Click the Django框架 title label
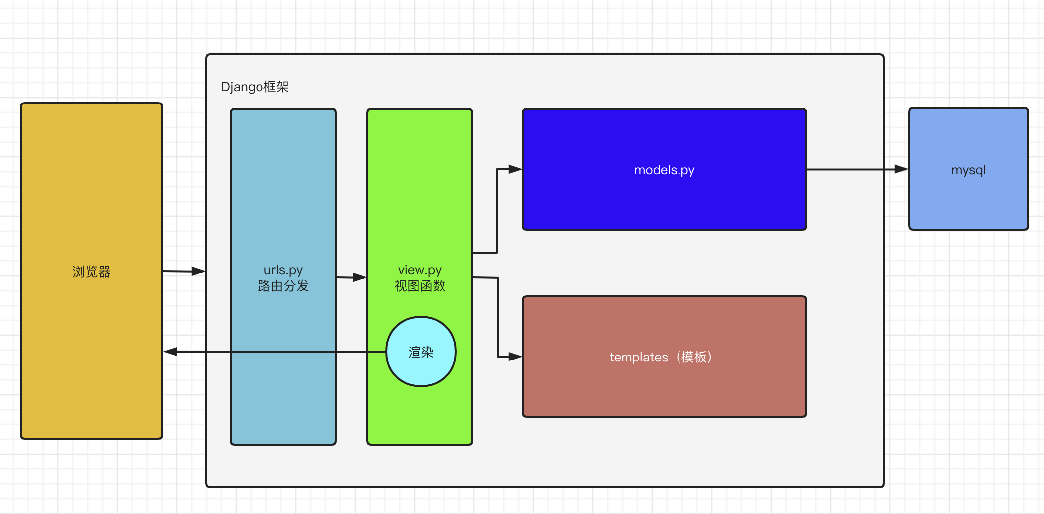pos(255,87)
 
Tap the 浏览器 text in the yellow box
pos(92,272)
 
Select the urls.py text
pos(283,270)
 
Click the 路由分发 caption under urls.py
pos(283,286)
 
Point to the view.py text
pos(420,270)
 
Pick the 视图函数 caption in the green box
pos(420,286)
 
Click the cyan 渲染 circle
pos(421,352)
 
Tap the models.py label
pos(664,170)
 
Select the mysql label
pos(968,170)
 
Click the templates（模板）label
pos(661,357)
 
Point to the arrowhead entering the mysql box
pos(901,169)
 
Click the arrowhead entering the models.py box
pos(515,169)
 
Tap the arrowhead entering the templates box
pos(515,357)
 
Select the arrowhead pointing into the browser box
pos(171,352)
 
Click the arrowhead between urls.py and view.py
pos(360,277)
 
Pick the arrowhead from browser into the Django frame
pos(198,271)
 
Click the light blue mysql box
pos(969,169)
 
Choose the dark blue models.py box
pos(665,169)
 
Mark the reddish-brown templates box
pos(665,357)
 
